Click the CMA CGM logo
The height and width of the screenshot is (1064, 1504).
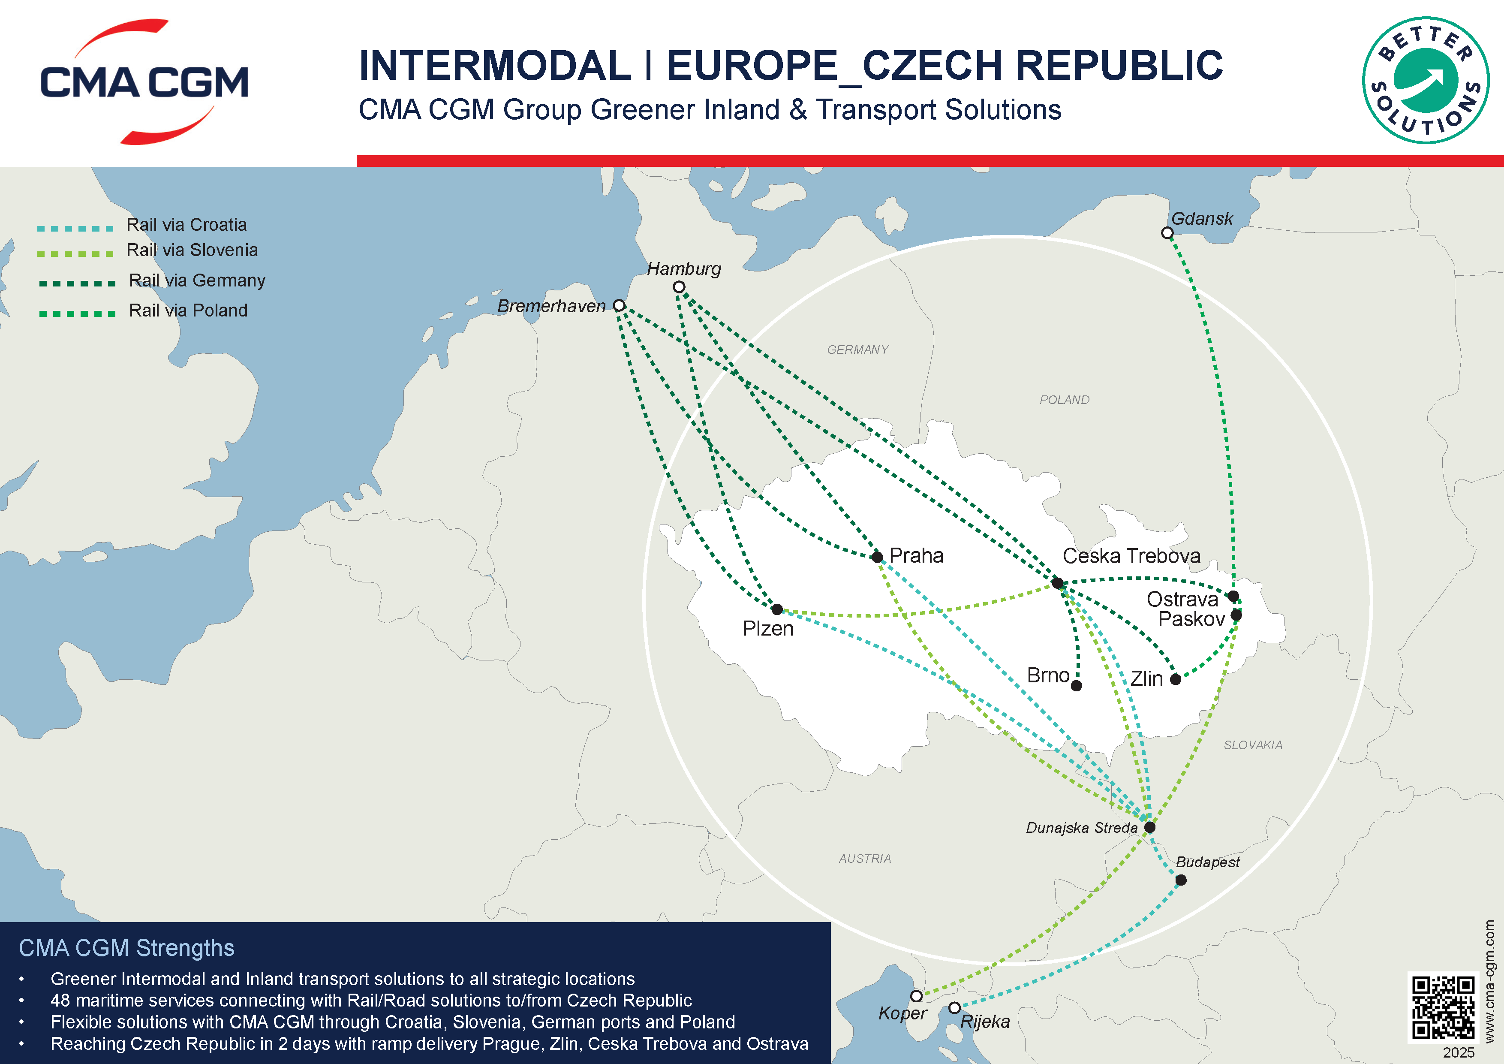(144, 82)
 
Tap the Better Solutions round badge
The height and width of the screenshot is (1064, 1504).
(1426, 80)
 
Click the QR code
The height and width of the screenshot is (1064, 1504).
(1443, 1007)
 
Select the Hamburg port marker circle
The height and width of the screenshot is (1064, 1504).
(679, 287)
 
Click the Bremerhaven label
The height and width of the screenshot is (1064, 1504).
(551, 306)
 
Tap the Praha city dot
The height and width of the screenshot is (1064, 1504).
(877, 557)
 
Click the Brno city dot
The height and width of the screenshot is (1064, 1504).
(1076, 685)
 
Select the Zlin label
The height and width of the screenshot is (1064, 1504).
(1146, 679)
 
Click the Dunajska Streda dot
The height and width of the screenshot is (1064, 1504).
(1149, 827)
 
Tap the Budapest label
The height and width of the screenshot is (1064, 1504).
(1207, 862)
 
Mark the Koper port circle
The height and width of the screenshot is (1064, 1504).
(916, 996)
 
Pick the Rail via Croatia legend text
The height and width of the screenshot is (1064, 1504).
(186, 225)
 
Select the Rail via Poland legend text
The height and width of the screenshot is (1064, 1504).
(188, 310)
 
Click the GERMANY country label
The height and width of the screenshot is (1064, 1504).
(857, 350)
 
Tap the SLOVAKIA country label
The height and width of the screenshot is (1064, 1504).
(1252, 745)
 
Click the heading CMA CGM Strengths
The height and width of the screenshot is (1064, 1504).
(126, 948)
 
